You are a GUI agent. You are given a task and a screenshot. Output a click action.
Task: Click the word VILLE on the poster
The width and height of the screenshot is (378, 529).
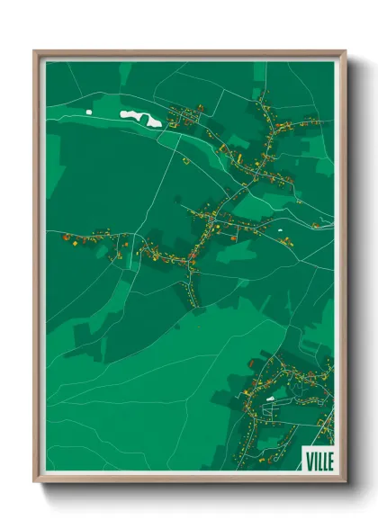(319, 459)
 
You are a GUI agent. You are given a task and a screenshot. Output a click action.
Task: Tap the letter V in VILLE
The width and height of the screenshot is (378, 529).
(309, 459)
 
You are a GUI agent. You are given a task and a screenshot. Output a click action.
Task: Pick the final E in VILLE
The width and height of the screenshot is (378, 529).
(329, 459)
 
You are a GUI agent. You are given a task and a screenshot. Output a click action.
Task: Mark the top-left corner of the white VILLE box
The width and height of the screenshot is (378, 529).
(302, 447)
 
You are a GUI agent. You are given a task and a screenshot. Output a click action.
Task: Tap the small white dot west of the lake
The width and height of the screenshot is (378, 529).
(89, 112)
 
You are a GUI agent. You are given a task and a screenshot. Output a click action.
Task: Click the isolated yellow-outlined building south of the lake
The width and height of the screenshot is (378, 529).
(185, 161)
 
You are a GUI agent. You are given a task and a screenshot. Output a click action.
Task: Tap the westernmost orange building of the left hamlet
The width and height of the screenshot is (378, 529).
(65, 238)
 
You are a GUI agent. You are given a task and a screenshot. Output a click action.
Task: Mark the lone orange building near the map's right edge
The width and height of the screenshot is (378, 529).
(316, 225)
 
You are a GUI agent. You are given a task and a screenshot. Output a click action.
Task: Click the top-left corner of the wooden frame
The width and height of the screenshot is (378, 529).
(34, 50)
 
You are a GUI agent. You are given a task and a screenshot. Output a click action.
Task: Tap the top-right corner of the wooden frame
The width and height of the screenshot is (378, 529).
(346, 50)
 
